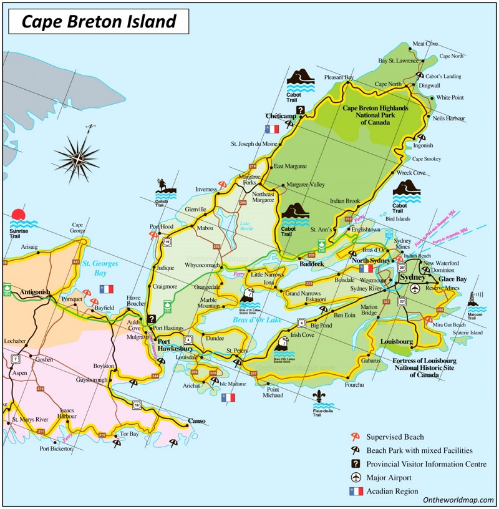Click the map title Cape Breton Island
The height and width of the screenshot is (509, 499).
pyautogui.click(x=99, y=22)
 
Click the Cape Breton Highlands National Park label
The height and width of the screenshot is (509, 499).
pyautogui.click(x=375, y=115)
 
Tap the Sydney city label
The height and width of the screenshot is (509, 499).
pyautogui.click(x=412, y=276)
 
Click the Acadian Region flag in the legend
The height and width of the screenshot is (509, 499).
pyautogui.click(x=356, y=491)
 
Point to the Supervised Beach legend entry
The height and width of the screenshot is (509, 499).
pyautogui.click(x=395, y=437)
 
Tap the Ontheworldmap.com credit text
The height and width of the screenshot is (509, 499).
pyautogui.click(x=458, y=500)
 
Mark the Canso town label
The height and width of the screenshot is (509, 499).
pyautogui.click(x=196, y=421)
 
